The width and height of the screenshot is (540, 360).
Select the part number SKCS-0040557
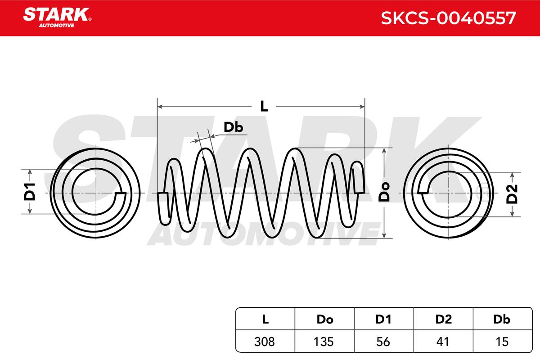448,18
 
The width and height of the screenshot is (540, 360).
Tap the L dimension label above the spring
264,107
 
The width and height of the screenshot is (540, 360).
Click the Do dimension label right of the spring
384,192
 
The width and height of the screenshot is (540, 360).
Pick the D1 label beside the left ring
30,192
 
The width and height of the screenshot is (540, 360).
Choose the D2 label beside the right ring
513,193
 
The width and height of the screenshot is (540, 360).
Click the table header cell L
265,319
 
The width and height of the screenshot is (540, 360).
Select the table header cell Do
324,319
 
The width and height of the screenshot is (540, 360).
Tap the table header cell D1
384,319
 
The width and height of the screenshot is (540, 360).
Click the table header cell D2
443,319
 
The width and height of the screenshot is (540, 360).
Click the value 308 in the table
265,342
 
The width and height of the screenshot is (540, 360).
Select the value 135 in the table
324,342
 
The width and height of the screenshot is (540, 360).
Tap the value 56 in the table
384,342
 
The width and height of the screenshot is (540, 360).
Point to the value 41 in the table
443,342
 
